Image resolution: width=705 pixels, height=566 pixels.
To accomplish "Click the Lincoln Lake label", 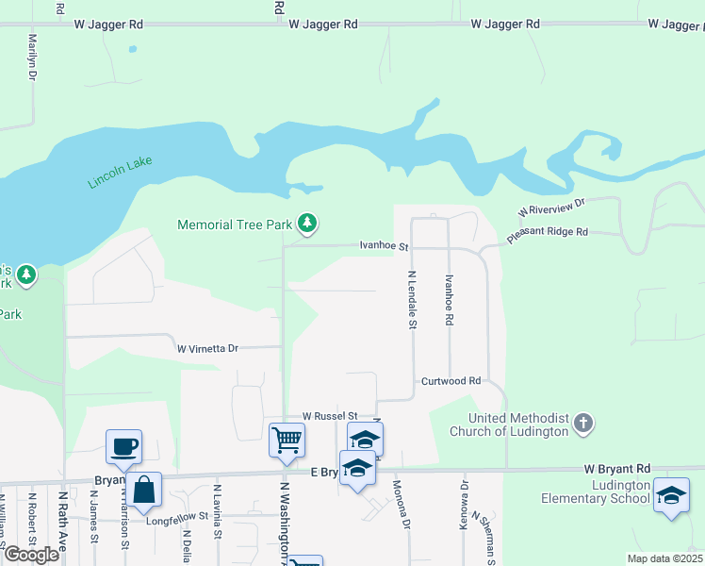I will [120, 173].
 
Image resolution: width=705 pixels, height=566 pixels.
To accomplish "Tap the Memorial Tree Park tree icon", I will [307, 224].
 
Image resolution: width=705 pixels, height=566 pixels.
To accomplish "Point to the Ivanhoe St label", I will [384, 246].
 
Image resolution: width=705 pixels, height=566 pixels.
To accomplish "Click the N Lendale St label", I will [412, 299].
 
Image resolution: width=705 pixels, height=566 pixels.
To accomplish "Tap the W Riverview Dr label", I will [551, 207].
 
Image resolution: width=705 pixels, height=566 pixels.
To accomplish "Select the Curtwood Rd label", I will [451, 381].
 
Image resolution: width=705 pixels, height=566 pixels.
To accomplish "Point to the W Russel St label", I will [330, 416].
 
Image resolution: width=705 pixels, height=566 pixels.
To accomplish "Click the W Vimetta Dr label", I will [208, 348].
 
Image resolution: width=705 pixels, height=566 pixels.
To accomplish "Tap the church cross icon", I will [583, 424].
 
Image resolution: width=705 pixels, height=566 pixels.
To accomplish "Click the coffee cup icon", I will [123, 445].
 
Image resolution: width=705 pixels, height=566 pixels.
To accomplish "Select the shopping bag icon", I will [144, 490].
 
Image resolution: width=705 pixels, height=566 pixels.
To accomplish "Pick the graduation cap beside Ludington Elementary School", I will [670, 496].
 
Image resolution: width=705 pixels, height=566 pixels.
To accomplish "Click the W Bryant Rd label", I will [616, 468].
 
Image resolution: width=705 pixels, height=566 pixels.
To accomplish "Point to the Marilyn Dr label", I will [33, 57].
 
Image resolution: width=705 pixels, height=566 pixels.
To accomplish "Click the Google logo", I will [31, 555].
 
